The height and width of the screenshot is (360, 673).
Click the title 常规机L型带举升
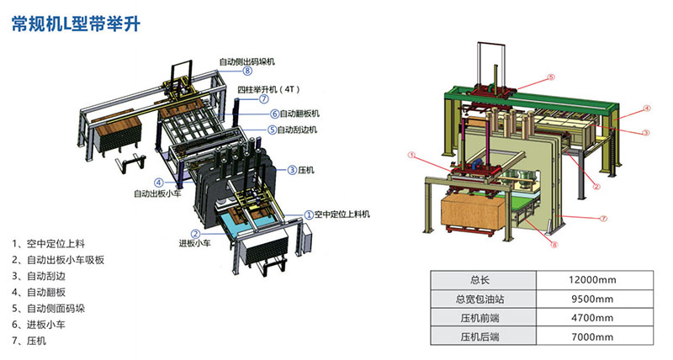tap(75, 24)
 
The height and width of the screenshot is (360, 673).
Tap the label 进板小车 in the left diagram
tap(195, 245)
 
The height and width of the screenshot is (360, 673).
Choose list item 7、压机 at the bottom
tap(35, 341)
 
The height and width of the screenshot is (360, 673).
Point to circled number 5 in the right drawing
tap(551, 77)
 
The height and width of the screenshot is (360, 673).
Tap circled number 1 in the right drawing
tap(411, 155)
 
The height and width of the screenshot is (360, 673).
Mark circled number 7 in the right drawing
tap(603, 218)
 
